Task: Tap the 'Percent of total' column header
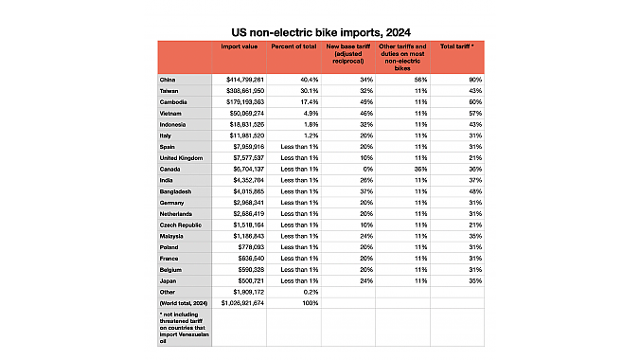click(293, 46)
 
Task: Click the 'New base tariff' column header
click(349, 51)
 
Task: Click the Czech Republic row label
click(184, 224)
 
